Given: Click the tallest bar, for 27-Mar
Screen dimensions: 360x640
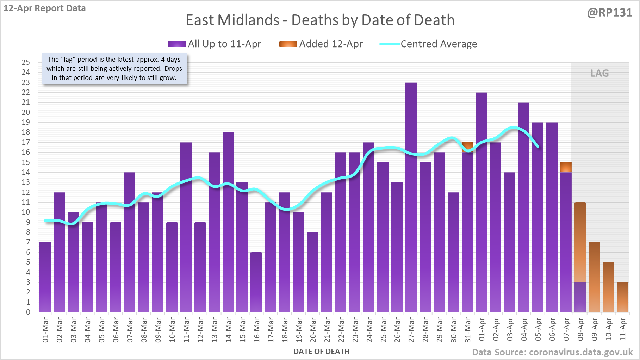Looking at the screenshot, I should [411, 197].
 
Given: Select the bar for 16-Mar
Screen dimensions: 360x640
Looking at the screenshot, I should [256, 282].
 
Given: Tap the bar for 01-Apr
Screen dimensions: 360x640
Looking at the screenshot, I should [481, 203].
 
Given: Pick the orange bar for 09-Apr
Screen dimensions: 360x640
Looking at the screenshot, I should [594, 277].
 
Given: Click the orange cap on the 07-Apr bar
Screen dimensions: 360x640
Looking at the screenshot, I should [566, 167].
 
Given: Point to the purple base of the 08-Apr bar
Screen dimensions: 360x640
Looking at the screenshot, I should [580, 297].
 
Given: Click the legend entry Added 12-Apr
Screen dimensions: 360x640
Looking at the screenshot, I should [321, 44].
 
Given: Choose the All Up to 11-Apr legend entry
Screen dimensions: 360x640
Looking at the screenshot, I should [215, 44].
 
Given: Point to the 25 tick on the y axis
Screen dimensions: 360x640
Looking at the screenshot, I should [26, 62].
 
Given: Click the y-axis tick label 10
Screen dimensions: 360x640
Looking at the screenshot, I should [26, 212].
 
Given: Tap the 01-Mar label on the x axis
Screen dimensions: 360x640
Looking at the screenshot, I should [45, 330].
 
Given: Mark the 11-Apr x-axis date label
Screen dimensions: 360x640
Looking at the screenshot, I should [623, 329].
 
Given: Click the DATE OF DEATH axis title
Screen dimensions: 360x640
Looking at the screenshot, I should [322, 352].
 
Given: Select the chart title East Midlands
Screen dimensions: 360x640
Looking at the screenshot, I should [320, 20].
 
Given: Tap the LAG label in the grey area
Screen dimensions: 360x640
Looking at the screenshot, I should [599, 73].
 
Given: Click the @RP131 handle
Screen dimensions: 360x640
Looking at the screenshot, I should [609, 13].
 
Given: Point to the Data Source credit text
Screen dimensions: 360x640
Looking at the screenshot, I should [552, 352].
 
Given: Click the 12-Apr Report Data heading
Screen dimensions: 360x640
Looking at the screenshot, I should [45, 8].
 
